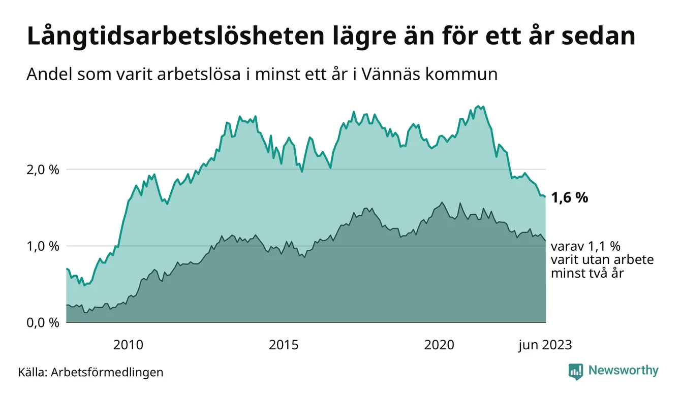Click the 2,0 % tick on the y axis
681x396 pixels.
tap(42, 170)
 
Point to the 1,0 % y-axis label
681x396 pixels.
tap(42, 246)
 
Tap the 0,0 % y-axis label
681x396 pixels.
tap(42, 323)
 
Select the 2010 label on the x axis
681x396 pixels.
tap(128, 345)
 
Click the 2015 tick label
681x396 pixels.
tap(284, 345)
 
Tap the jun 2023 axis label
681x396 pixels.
tap(545, 345)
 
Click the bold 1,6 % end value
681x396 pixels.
tap(569, 197)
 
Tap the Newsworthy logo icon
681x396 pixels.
tap(576, 371)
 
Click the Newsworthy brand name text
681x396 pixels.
tap(623, 371)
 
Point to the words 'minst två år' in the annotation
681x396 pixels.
tap(587, 273)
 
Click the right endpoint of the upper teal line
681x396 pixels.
tap(545, 197)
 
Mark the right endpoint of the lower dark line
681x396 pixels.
tap(545, 241)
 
